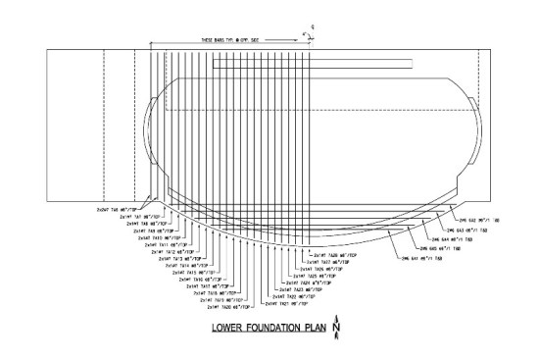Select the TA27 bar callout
[328, 263]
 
